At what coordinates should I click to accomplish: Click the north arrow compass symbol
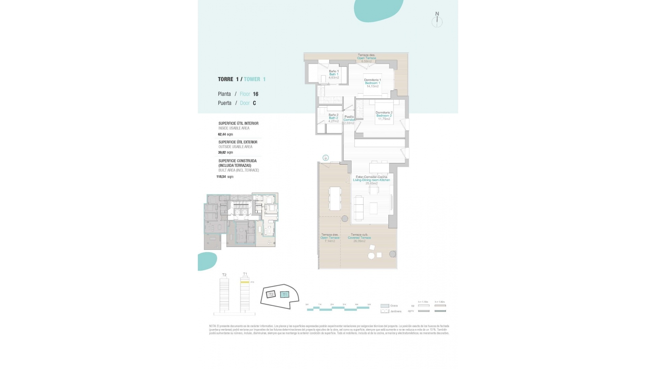pos(437,20)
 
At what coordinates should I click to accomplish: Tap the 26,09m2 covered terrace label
pos(359,241)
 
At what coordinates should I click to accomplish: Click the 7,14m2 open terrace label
pos(330,241)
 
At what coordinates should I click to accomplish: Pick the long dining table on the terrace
pos(335,199)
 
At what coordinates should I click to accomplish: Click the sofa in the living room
pos(359,208)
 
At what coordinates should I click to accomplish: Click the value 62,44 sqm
pos(225,134)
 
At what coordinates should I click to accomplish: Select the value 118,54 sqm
pos(225,177)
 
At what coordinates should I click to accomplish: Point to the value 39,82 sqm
pos(225,152)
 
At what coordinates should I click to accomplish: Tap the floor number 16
pos(256,94)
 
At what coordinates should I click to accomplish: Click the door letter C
pos(254,103)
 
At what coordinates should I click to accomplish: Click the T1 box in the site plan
pos(285,295)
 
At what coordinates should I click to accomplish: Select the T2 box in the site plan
pos(271,294)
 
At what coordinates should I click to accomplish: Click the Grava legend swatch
pos(385,306)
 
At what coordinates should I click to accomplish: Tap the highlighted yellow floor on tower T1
pos(245,282)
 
